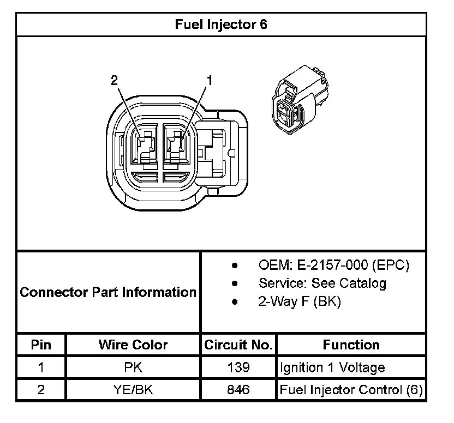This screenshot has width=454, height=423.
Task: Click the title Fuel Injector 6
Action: [x=221, y=25]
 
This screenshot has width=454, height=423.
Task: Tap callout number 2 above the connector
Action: [x=114, y=81]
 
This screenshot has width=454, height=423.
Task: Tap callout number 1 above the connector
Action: [x=208, y=81]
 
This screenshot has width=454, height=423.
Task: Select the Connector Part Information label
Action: [x=108, y=292]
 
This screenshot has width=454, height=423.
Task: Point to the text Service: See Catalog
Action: [x=322, y=283]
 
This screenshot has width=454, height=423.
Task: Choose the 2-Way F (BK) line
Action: [x=300, y=301]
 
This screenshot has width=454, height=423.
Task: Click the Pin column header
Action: [x=41, y=345]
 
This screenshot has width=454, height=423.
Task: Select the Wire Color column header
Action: [x=133, y=345]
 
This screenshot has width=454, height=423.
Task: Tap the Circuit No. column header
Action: [x=238, y=345]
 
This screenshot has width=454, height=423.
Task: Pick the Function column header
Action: [x=351, y=345]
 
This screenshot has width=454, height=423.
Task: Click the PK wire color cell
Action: [x=133, y=367]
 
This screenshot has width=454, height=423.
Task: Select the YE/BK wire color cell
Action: [x=133, y=390]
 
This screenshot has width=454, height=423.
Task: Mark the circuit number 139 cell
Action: [x=238, y=367]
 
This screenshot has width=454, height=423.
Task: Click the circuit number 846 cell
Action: [x=238, y=390]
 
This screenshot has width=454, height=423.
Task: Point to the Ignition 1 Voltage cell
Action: [x=332, y=367]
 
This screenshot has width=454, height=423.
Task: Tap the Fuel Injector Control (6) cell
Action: [x=351, y=390]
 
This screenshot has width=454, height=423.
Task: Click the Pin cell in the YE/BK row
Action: [x=41, y=390]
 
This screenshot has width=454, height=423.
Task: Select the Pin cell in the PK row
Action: [x=41, y=367]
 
